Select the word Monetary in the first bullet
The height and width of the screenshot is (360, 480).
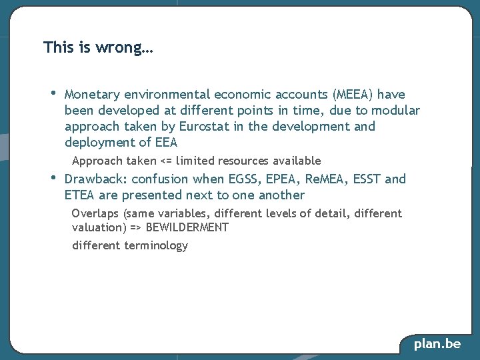point(91,95)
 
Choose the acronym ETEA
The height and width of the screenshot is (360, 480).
point(80,195)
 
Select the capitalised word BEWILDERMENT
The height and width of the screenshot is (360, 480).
point(187,227)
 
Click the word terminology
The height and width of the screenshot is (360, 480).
point(156,245)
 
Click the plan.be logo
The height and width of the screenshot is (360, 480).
point(437,344)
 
